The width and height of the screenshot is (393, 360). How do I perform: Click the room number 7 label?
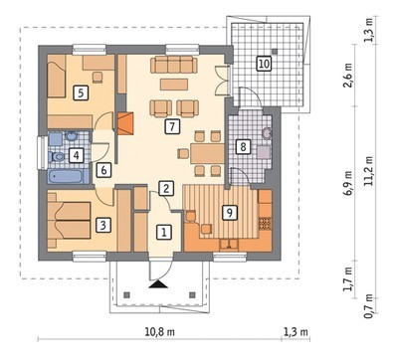tap(172, 126)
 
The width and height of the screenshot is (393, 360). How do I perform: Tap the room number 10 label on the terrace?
tap(264, 63)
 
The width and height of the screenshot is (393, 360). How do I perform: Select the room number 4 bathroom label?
tap(77, 155)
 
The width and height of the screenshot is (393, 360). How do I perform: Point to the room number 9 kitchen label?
tap(230, 213)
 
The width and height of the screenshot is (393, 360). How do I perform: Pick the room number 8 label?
tap(243, 146)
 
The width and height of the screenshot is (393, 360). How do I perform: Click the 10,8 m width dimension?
tap(160, 332)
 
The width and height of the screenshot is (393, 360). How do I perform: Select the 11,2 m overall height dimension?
tap(369, 172)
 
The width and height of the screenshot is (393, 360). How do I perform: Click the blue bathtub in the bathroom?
tap(69, 176)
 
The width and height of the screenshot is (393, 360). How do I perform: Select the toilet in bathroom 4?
tap(57, 156)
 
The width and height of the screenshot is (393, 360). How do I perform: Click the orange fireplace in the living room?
tap(125, 123)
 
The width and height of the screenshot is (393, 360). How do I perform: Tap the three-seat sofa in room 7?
tap(173, 65)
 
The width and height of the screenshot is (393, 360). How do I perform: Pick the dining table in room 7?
tap(208, 153)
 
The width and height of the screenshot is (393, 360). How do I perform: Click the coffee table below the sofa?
tap(174, 85)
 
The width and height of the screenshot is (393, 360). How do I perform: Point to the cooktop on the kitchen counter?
tap(265, 224)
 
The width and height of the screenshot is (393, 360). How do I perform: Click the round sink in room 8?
tap(267, 133)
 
